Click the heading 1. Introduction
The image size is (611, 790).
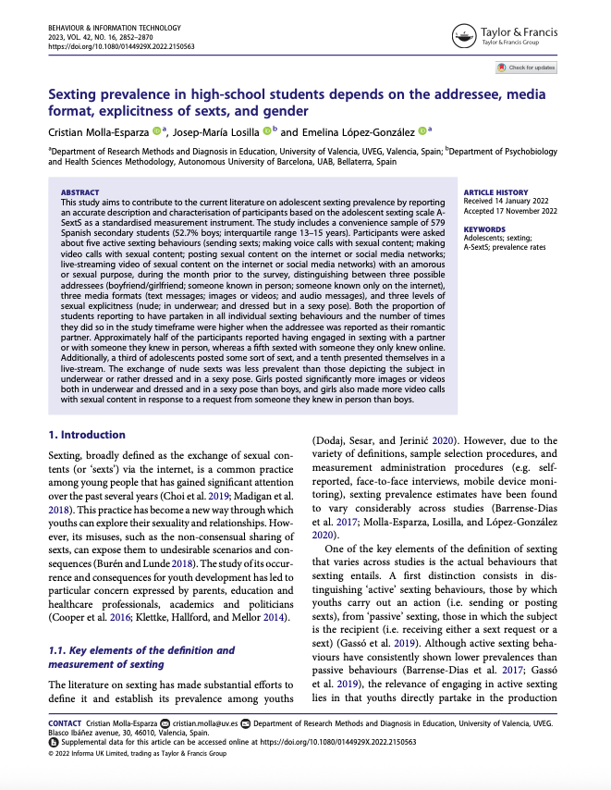tap(86, 435)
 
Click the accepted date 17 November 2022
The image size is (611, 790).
tap(531, 207)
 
